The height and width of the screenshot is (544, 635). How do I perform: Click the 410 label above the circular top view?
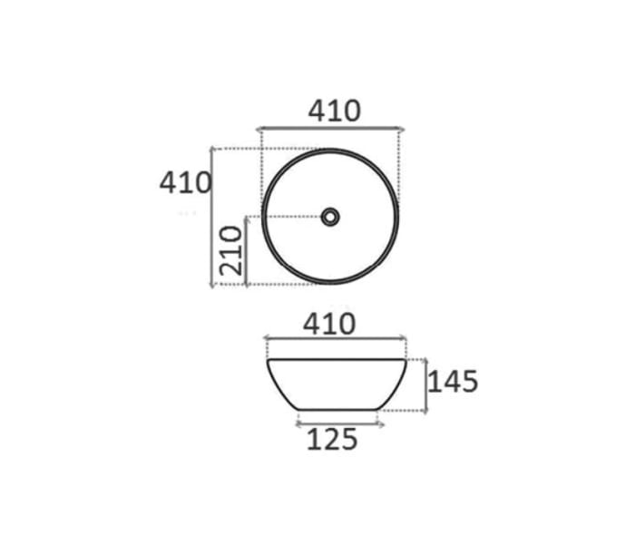coord(334,111)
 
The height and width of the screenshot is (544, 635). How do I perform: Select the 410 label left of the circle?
coord(185,182)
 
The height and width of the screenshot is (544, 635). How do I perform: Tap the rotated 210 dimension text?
coord(231,250)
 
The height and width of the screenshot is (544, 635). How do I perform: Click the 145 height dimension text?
coord(452,382)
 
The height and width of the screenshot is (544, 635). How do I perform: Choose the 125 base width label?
coord(331,441)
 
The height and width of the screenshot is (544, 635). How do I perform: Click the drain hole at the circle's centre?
coord(330,217)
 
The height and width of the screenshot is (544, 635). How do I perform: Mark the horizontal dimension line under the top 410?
coord(330,130)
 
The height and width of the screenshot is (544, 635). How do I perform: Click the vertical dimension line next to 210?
coord(246,251)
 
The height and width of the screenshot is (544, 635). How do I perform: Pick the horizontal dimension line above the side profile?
coord(335,339)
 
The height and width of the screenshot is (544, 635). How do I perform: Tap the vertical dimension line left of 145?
coord(425,385)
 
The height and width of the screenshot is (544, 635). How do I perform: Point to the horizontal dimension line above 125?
coord(340,423)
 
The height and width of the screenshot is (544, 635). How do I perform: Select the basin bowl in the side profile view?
coord(336,381)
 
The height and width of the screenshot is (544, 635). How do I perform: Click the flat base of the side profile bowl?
coord(337,410)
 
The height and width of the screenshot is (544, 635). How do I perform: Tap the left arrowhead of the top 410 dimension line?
coord(260,130)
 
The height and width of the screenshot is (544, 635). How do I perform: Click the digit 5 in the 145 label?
coord(467,382)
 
